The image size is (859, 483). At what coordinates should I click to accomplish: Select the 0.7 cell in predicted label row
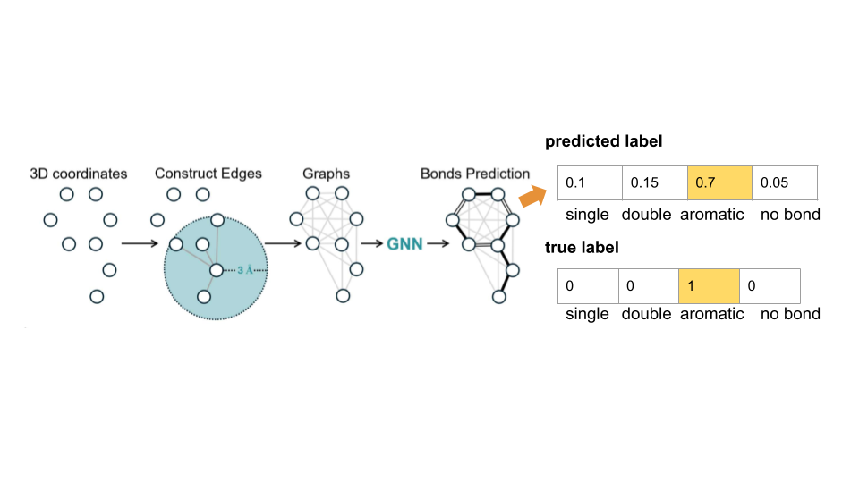click(719, 182)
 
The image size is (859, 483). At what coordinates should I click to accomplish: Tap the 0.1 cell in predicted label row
click(589, 182)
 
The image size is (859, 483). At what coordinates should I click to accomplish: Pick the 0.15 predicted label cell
click(654, 182)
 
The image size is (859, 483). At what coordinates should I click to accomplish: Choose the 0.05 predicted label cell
click(784, 182)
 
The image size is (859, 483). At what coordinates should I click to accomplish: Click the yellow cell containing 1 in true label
click(709, 286)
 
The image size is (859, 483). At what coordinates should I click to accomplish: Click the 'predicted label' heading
click(603, 141)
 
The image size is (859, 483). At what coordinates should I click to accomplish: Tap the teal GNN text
click(404, 242)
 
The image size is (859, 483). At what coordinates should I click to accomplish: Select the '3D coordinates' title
click(79, 173)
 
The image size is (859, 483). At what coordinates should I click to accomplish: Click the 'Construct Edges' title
click(208, 173)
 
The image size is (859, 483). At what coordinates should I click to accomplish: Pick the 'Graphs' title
click(326, 173)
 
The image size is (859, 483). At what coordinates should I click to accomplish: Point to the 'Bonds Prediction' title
click(475, 173)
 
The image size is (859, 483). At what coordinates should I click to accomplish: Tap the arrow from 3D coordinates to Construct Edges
click(139, 242)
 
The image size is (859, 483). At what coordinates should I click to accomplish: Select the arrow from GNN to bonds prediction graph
click(438, 242)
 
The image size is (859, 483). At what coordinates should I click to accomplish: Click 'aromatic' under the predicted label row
click(711, 215)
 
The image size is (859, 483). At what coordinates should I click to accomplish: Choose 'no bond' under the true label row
click(790, 314)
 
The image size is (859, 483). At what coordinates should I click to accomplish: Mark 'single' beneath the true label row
click(587, 314)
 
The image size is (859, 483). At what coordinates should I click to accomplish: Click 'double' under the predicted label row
click(646, 215)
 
